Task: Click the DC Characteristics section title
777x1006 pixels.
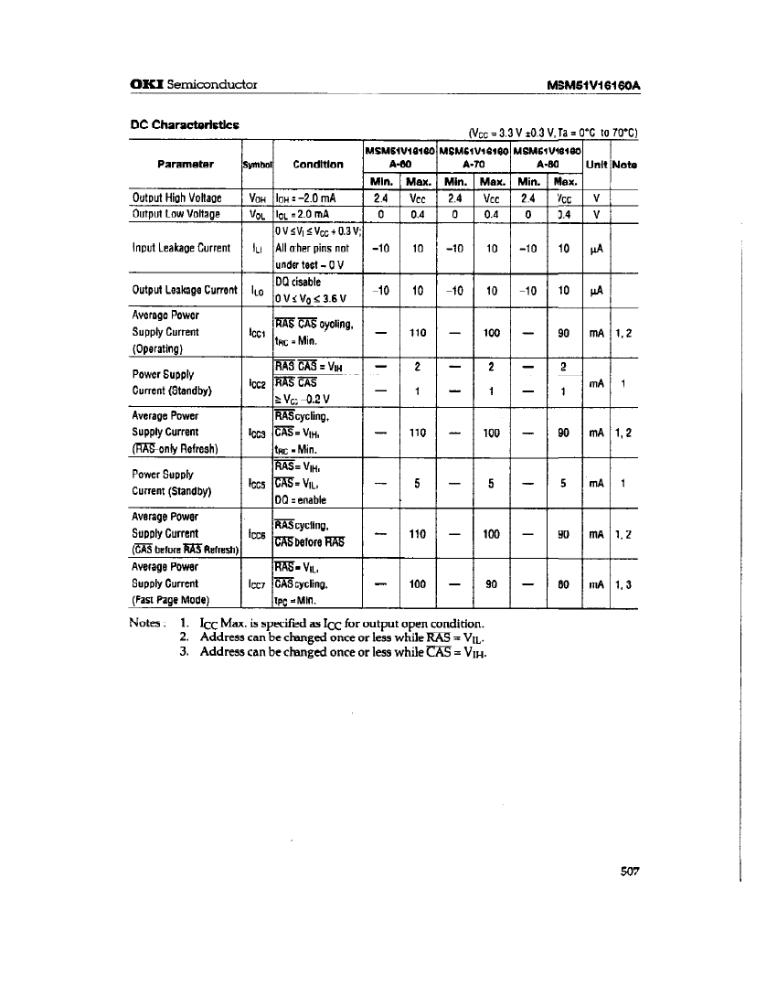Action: click(185, 124)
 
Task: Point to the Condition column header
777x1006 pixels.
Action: click(318, 165)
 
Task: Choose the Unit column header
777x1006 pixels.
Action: click(595, 165)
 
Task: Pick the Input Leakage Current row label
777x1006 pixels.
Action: click(181, 248)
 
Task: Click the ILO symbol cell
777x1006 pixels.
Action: click(257, 291)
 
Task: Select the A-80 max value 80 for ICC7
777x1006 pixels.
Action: click(564, 583)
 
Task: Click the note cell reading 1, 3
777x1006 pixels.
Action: click(623, 583)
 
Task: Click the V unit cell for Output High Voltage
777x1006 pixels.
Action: click(596, 198)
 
